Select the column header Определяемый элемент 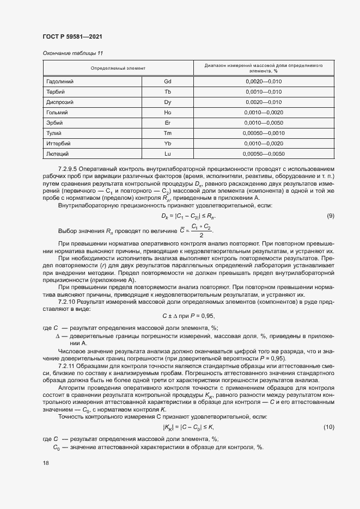[118, 68]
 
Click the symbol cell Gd [167, 82]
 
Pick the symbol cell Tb [167, 92]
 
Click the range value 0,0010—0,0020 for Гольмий [264, 113]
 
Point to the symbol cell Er [167, 123]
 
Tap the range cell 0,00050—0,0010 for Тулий [264, 133]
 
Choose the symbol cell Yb [167, 144]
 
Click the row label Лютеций [59, 154]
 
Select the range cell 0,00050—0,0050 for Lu [264, 154]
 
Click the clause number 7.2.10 [68, 301]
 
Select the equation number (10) [328, 427]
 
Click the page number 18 [45, 463]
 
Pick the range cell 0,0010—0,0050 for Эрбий [264, 123]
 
